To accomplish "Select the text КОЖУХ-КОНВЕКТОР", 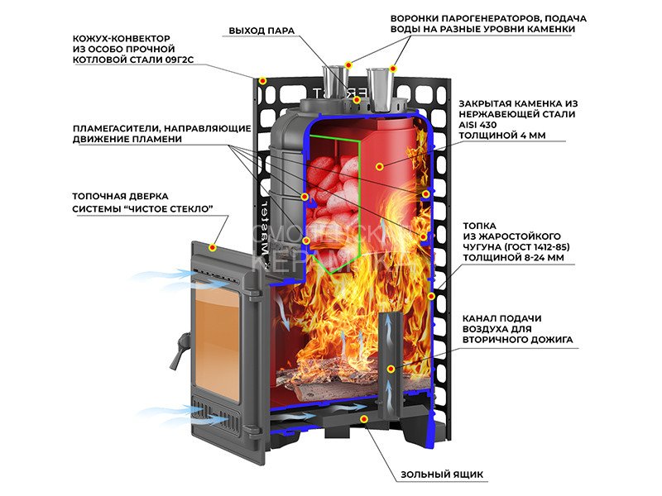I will pyautogui.click(x=119, y=38).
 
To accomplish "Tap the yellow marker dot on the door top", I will pyautogui.click(x=213, y=247).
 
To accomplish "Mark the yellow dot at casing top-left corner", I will pyautogui.click(x=262, y=81).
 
